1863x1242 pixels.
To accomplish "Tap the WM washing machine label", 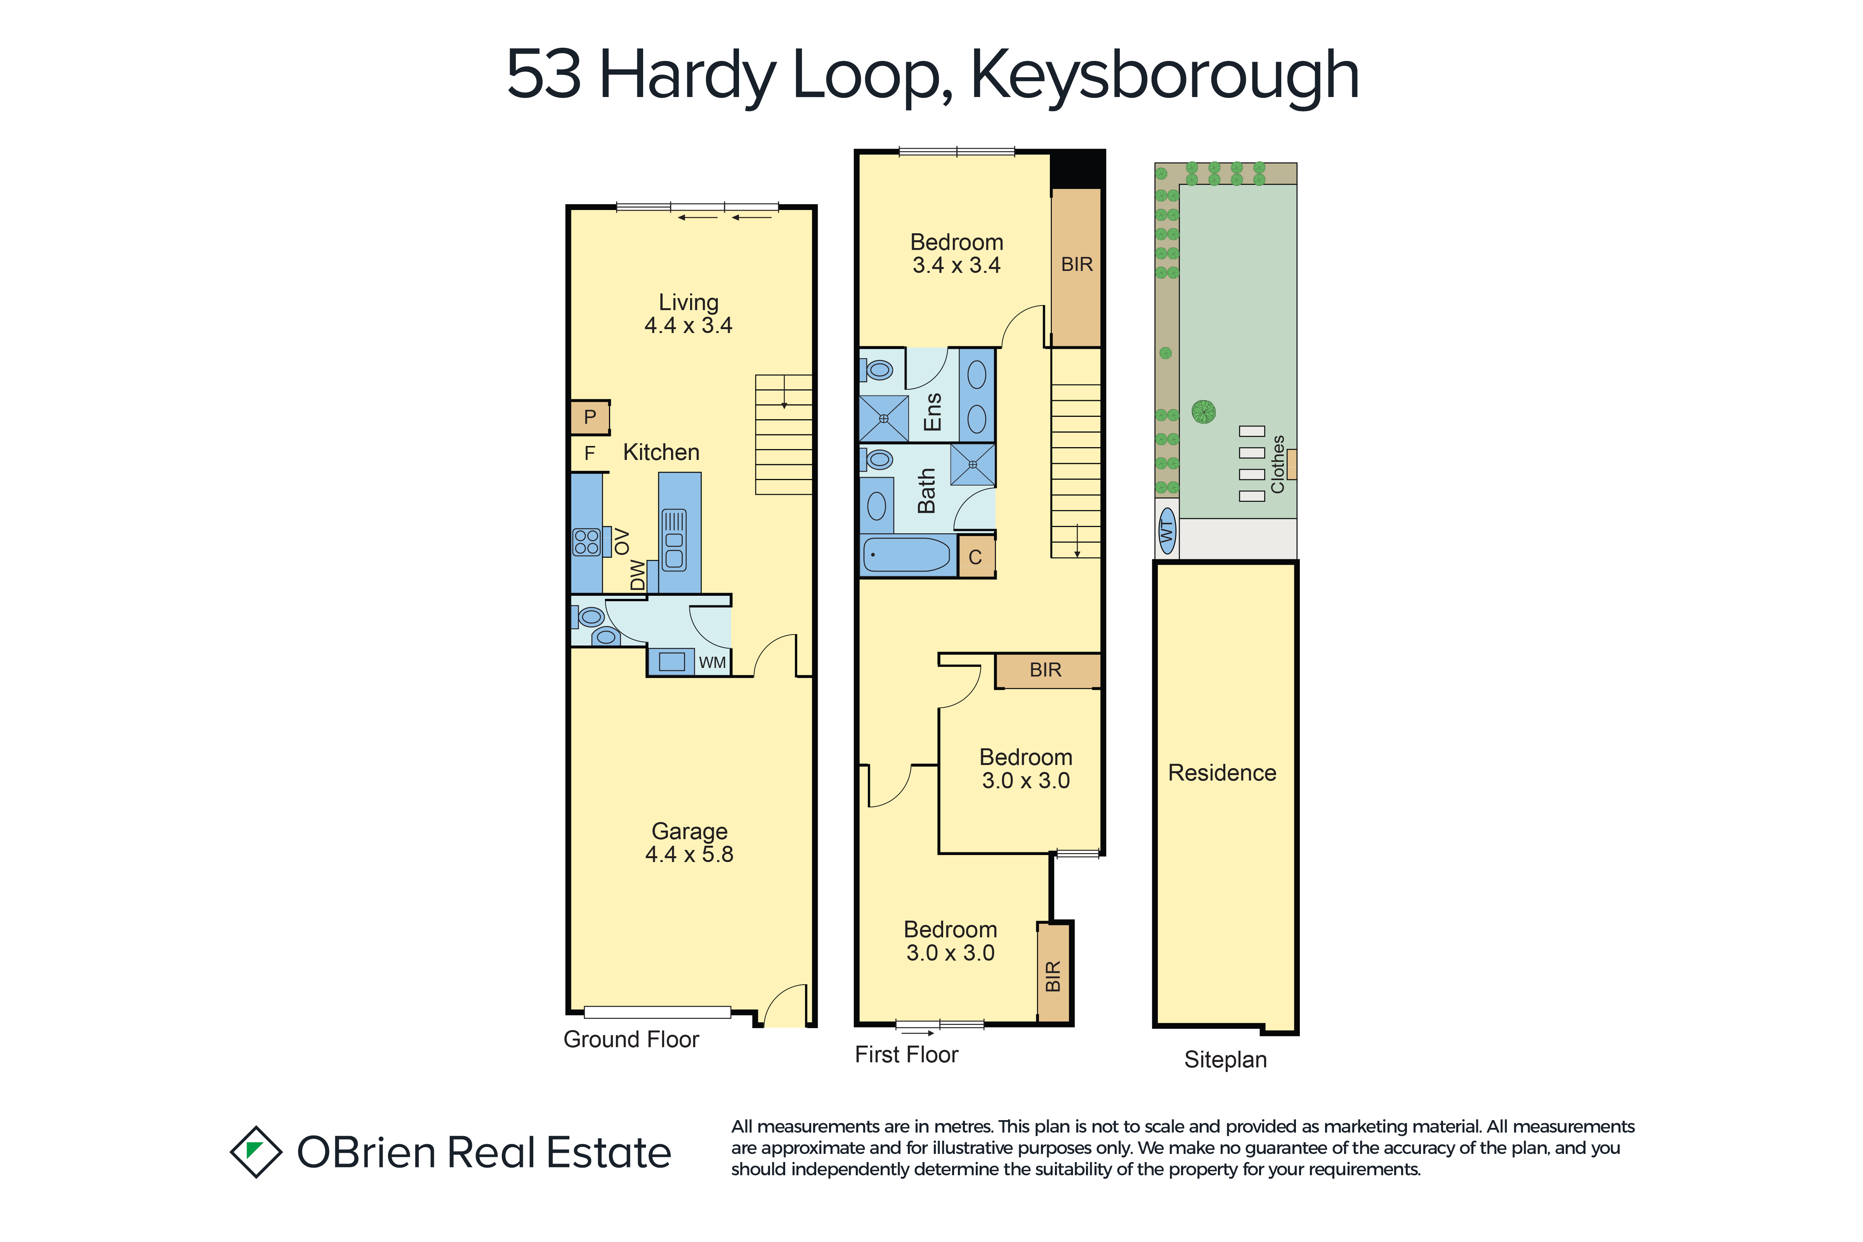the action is point(712,662).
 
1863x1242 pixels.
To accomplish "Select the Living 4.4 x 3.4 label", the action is point(688,314).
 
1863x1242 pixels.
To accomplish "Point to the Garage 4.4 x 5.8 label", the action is point(689,842).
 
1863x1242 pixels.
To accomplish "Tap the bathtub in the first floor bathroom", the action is point(907,555).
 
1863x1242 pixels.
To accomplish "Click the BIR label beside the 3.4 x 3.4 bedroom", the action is point(1076,265).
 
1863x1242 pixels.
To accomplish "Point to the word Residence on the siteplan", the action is point(1222,773).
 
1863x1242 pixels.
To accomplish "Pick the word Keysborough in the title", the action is point(1164,76).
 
